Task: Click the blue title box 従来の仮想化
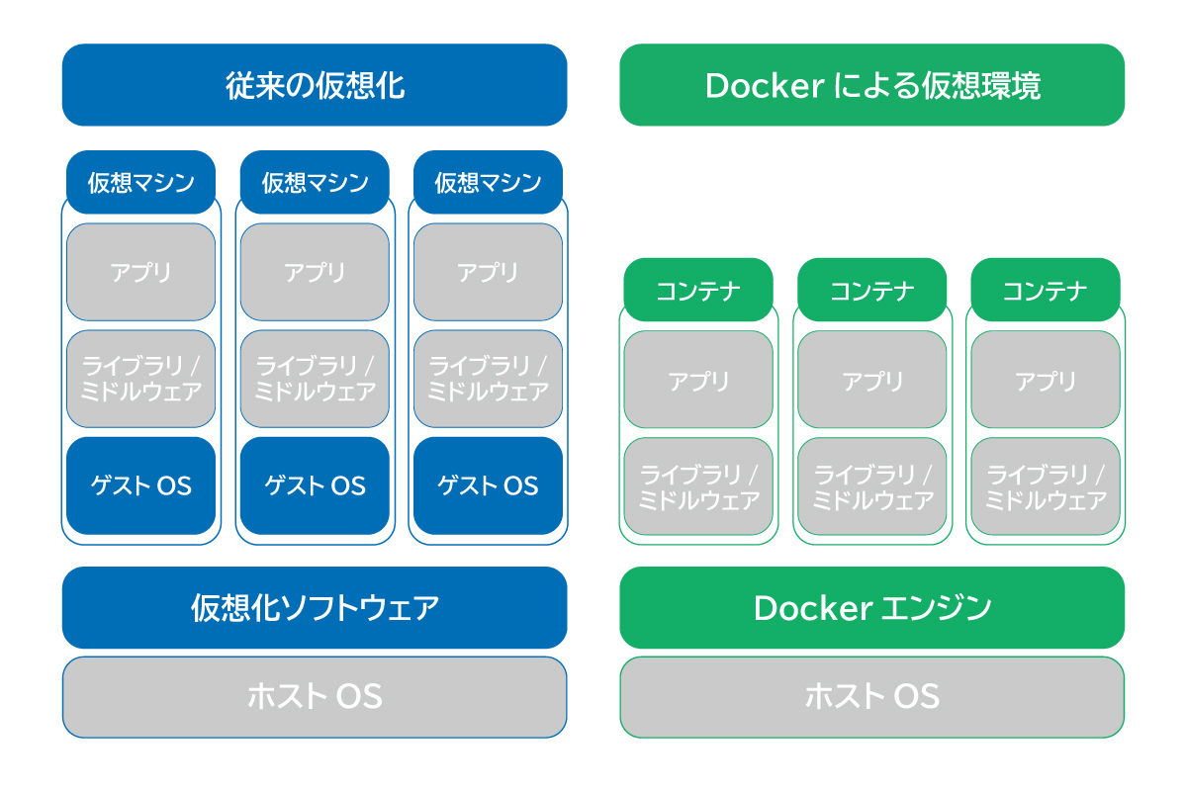(x=315, y=85)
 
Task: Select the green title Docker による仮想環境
(x=871, y=85)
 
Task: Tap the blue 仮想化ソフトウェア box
(x=315, y=607)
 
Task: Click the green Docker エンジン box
(x=871, y=607)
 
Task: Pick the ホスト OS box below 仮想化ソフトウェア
(x=315, y=697)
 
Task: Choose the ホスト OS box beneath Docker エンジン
(x=871, y=697)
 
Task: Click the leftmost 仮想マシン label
(x=140, y=182)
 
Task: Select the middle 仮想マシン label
(x=315, y=182)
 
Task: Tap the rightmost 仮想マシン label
(x=488, y=182)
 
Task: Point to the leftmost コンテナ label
(x=698, y=290)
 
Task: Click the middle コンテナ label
(x=871, y=290)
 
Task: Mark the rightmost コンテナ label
(x=1046, y=290)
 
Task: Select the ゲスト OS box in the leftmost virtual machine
(x=140, y=485)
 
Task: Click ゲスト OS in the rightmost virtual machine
(x=488, y=485)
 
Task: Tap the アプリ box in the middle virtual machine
(x=315, y=272)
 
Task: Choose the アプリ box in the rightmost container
(x=1046, y=380)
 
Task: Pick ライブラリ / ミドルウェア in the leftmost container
(x=698, y=486)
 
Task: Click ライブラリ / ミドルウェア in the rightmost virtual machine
(x=488, y=379)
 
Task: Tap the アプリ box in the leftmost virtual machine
(x=140, y=272)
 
